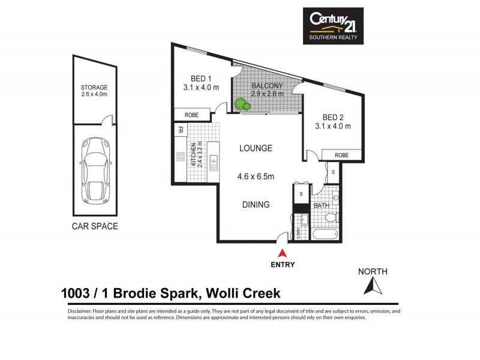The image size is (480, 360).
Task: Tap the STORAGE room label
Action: pos(94,87)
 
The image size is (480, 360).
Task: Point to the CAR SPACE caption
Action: pos(95,226)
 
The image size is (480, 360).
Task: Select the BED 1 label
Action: pos(201,79)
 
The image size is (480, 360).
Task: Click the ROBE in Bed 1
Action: pos(191,114)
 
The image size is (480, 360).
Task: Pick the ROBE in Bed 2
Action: pos(341,155)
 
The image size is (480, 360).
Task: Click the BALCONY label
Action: pos(267,86)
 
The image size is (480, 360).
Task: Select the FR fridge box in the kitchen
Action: pos(180,130)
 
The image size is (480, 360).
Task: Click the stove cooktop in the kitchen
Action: pos(179,157)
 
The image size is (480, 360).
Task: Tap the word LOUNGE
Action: pos(256,148)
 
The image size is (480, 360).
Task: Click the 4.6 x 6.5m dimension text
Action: pos(256,176)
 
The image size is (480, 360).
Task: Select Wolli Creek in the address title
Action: pos(243,293)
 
